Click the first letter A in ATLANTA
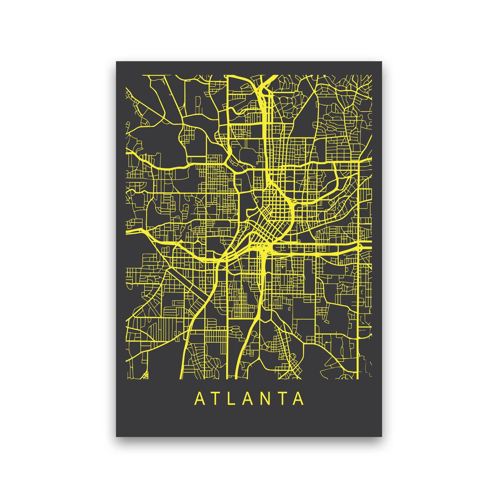[200, 398]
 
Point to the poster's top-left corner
[116, 62]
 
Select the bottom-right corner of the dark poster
[382, 436]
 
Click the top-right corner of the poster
[382, 62]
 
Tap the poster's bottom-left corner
[116, 436]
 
